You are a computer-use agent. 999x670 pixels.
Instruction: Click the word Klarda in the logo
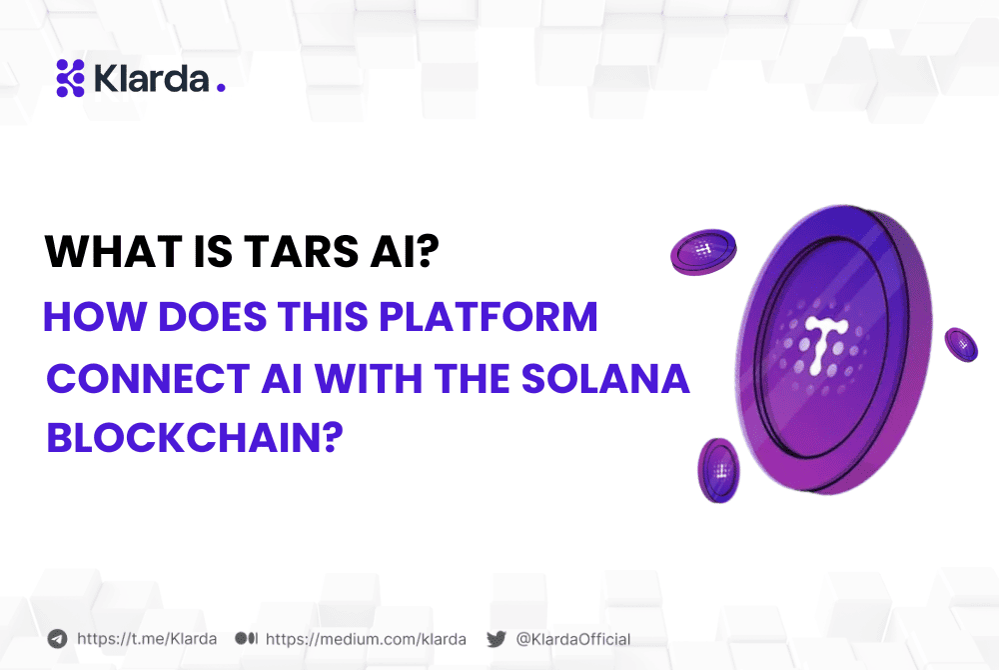point(150,78)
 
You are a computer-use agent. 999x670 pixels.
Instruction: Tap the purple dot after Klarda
point(221,87)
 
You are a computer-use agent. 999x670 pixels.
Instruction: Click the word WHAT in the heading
point(98,251)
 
